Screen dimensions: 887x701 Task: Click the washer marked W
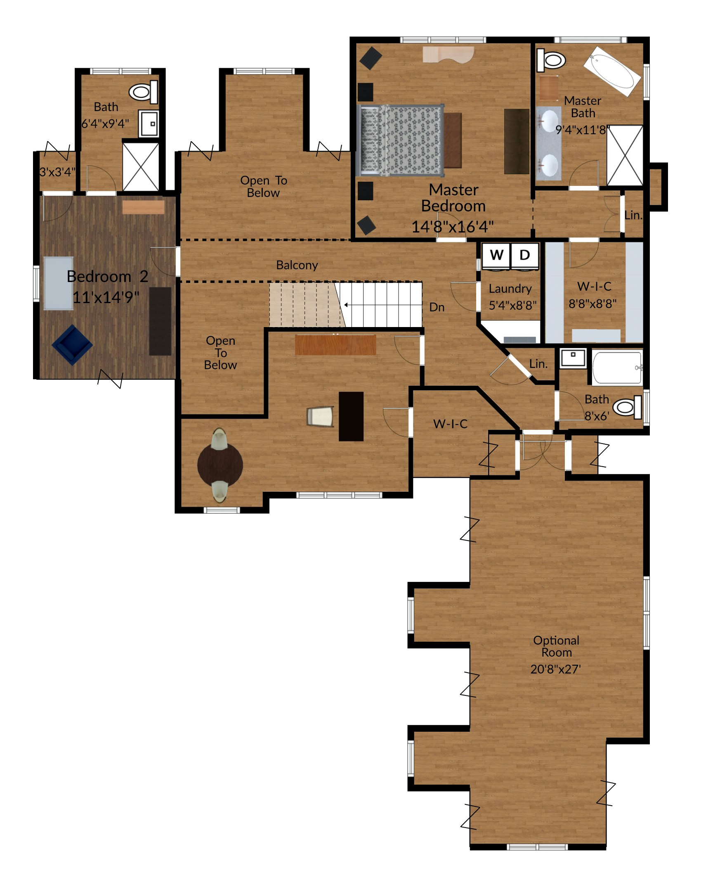pos(496,255)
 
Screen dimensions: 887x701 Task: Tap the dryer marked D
pos(524,255)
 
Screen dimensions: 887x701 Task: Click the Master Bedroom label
pos(453,198)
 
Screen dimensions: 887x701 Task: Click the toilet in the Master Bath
pos(551,60)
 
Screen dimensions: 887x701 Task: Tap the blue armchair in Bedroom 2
pos(72,345)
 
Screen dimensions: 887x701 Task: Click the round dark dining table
pos(220,465)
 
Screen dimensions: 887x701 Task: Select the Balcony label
pos(297,265)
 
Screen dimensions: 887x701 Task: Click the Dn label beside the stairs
pos(437,307)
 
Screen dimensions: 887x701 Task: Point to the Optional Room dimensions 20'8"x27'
pos(555,669)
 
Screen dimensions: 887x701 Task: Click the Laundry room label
pos(510,289)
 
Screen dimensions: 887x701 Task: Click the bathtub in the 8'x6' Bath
pos(617,367)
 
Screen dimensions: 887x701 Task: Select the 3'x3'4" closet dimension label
pos(57,172)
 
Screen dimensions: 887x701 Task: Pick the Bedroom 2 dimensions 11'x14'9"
pos(106,297)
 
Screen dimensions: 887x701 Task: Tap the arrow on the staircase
pos(346,305)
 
